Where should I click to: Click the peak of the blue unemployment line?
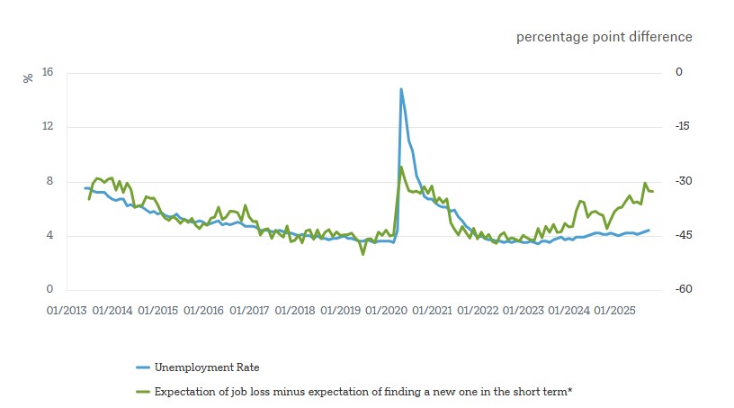(x=400, y=88)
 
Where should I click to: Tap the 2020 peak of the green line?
(x=400, y=167)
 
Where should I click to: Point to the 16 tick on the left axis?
(x=48, y=73)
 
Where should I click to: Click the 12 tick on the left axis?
(x=48, y=127)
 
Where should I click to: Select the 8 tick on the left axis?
(x=49, y=182)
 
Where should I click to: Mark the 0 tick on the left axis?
(x=49, y=290)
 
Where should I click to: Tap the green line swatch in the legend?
(x=142, y=392)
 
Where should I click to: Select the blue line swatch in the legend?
(x=142, y=367)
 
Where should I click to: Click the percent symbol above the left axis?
(x=28, y=77)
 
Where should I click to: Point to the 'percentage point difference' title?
(x=604, y=37)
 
